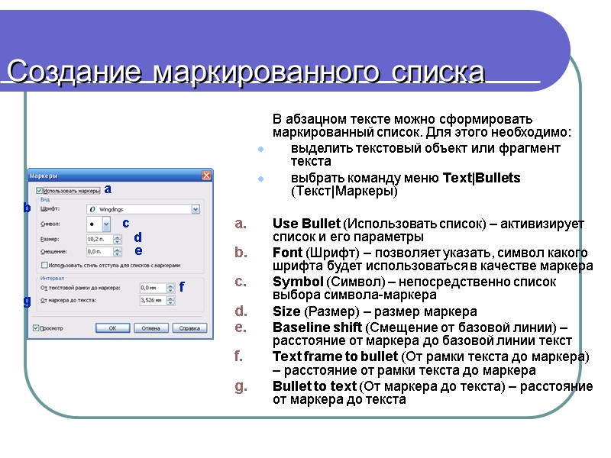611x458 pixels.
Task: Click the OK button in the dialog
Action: point(112,328)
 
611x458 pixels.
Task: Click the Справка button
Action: point(189,328)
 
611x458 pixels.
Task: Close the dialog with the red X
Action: point(206,176)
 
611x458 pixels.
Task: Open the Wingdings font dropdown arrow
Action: point(196,208)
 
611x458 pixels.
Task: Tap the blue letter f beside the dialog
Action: point(182,287)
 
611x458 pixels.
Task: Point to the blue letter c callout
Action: point(126,223)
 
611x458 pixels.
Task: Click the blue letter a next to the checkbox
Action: point(108,189)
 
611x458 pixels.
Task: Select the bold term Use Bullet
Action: point(305,224)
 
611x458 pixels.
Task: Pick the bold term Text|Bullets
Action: point(481,178)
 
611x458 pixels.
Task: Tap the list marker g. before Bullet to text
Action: point(241,386)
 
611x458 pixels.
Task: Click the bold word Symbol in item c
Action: point(298,282)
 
